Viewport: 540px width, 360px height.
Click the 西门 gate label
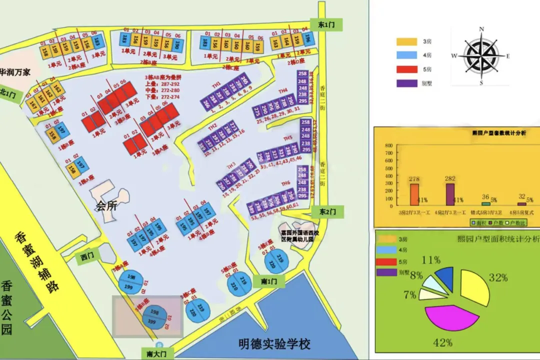point(87,256)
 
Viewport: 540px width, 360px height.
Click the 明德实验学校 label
point(274,344)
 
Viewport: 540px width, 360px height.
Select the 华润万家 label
point(14,72)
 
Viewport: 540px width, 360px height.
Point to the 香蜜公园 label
point(7,307)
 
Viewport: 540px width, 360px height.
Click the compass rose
point(481,55)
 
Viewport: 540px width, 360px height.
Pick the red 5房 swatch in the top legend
point(406,69)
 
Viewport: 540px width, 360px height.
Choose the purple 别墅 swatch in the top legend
point(406,83)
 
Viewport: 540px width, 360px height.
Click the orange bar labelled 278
point(414,194)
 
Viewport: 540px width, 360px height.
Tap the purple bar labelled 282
point(450,194)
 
